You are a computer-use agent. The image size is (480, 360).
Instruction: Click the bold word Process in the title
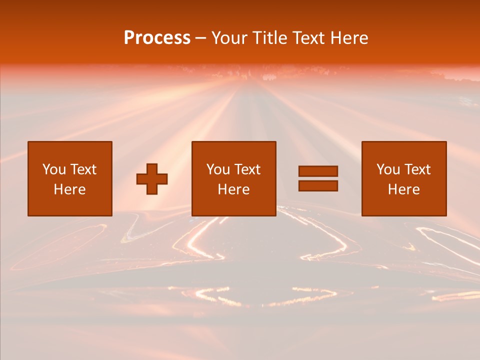(157, 38)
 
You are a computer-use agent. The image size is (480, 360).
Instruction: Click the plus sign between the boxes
(152, 179)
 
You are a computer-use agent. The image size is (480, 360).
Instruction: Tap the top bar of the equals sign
(318, 171)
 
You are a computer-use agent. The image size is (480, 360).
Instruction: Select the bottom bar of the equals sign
(318, 185)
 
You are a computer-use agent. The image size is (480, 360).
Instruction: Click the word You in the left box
(53, 169)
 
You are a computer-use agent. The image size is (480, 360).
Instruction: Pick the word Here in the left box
(69, 189)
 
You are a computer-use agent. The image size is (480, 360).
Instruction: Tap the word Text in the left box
(82, 169)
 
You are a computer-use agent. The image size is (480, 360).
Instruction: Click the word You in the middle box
(218, 169)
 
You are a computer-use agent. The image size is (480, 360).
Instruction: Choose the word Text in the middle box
(247, 169)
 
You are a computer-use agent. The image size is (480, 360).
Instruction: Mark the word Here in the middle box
(233, 189)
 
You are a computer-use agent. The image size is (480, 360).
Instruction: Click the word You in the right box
(388, 169)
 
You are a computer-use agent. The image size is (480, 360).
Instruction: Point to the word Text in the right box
(417, 169)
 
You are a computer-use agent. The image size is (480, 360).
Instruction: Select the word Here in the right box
(403, 189)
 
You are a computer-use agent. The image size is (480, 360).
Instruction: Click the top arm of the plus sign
(152, 168)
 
